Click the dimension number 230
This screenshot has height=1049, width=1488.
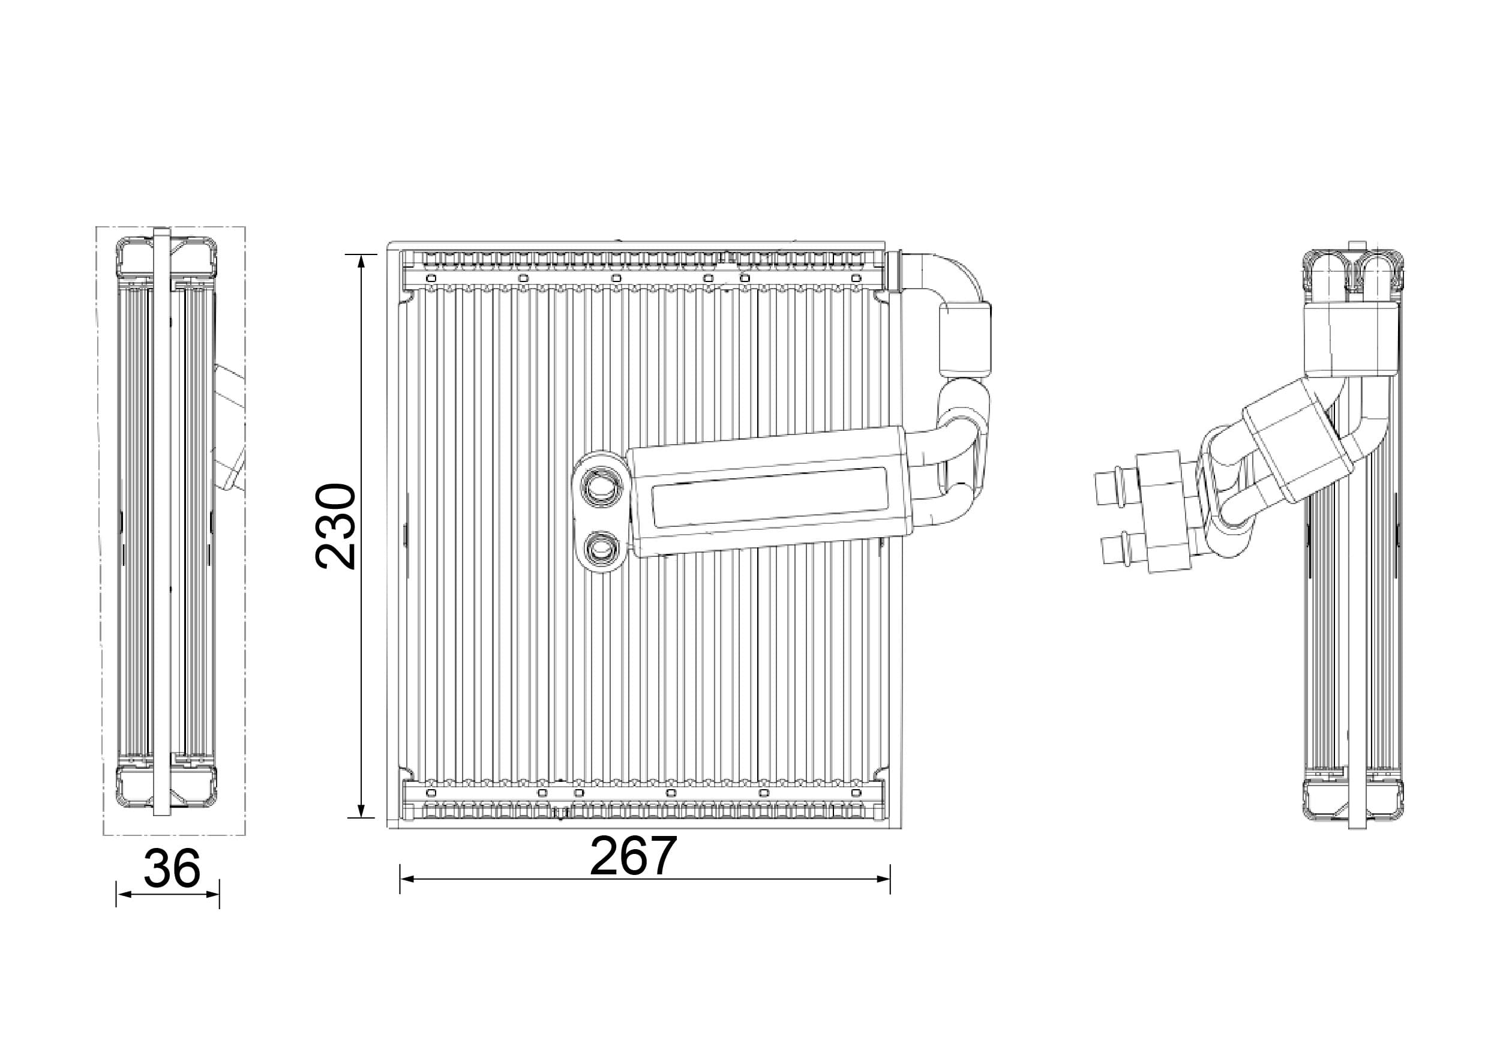(336, 526)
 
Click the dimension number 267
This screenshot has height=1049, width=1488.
(633, 856)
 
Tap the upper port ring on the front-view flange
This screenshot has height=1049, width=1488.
(600, 485)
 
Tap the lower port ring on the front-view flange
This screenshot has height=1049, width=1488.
(601, 549)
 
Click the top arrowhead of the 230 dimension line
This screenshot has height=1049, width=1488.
(362, 260)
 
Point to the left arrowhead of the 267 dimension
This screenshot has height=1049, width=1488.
(407, 879)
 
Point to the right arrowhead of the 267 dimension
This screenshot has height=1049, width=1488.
(883, 879)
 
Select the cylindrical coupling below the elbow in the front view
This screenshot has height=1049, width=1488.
(965, 340)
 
